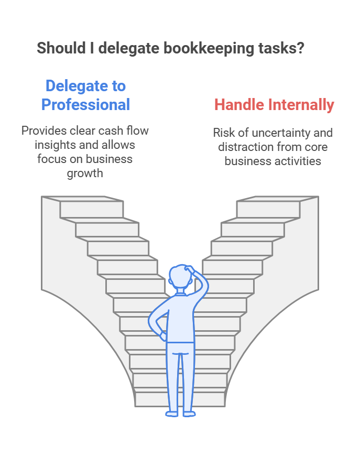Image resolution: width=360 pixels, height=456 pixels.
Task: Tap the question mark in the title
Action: (301, 48)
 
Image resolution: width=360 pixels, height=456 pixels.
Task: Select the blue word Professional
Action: (85, 104)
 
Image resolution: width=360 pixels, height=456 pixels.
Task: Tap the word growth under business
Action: (85, 173)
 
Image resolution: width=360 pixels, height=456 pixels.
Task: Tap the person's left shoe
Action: (172, 414)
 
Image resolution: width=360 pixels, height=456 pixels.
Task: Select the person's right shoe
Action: (189, 414)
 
